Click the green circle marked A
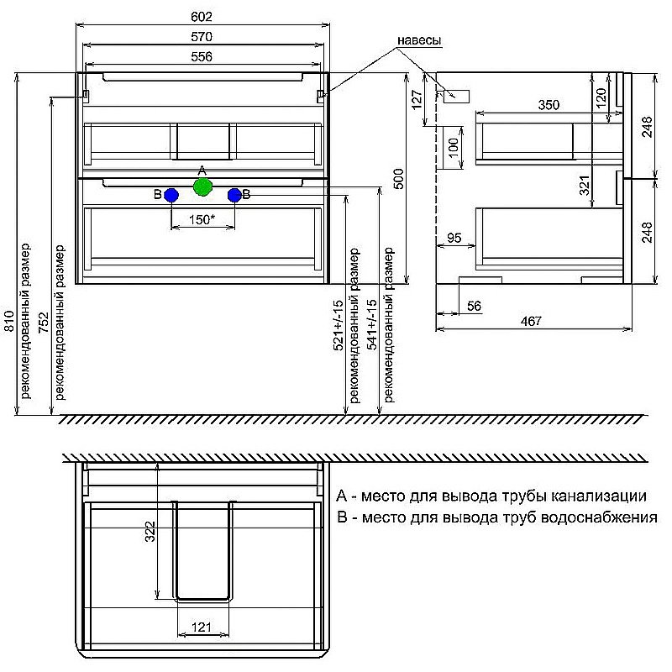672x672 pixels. click(202, 186)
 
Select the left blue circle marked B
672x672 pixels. click(171, 196)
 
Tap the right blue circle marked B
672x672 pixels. click(234, 196)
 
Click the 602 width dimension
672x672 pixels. click(202, 16)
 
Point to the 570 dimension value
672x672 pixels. click(202, 36)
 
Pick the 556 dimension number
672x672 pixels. click(202, 56)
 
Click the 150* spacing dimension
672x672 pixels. click(202, 219)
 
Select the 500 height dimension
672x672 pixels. click(398, 179)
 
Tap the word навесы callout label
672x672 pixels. click(419, 40)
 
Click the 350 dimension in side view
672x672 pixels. click(549, 104)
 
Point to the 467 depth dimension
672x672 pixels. click(532, 321)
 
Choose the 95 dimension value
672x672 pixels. click(454, 237)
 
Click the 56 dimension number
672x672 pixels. click(474, 306)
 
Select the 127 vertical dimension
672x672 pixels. click(417, 98)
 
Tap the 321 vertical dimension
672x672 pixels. click(585, 185)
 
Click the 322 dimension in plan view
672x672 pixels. click(150, 532)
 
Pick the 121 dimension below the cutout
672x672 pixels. click(201, 627)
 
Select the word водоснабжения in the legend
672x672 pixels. click(599, 517)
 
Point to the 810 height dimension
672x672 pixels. click(8, 321)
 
